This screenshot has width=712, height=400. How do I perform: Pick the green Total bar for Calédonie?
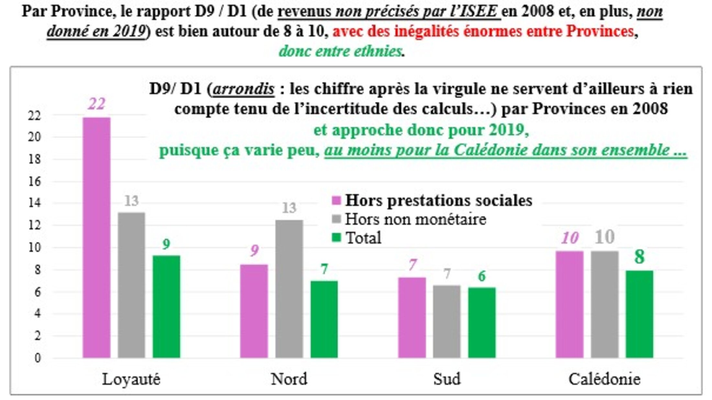tap(639, 314)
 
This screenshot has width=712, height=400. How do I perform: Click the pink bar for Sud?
tap(412, 317)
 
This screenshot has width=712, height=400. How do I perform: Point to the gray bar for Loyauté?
tap(131, 285)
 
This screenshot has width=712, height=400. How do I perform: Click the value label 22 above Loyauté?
tap(96, 104)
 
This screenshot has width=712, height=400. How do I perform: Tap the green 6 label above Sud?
tap(482, 276)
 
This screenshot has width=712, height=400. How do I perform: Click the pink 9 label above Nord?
tap(254, 250)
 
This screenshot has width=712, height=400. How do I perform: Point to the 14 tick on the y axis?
tap(35, 203)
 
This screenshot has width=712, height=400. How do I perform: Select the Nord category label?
tap(289, 379)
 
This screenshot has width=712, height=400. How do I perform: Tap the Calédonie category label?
tap(604, 379)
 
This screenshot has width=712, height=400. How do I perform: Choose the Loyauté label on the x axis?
tap(131, 379)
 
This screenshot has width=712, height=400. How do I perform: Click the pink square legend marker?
tap(336, 201)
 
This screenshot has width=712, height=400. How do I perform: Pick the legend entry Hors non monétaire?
tap(416, 219)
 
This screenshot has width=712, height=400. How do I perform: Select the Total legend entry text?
tap(363, 238)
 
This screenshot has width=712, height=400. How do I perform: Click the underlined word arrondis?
tap(243, 89)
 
